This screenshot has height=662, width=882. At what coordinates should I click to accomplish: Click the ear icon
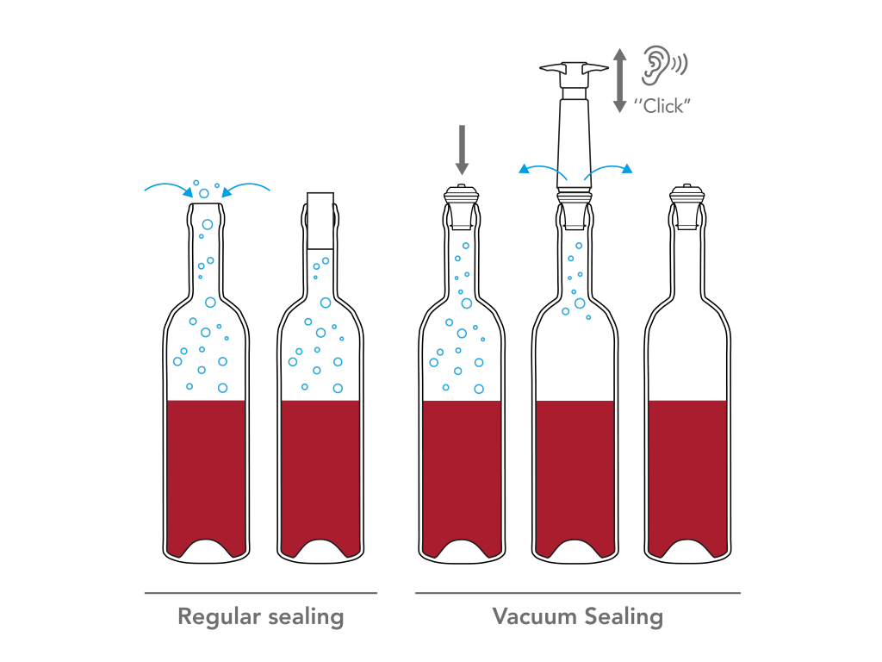(x=655, y=66)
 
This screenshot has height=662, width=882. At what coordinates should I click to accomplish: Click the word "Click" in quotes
(x=662, y=106)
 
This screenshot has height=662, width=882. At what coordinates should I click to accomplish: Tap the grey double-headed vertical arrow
(x=619, y=80)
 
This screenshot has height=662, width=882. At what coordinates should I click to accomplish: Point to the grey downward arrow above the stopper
(x=462, y=150)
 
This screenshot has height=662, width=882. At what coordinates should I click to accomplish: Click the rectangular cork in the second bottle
(x=320, y=221)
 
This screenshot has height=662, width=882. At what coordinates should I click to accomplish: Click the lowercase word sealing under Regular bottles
(x=306, y=617)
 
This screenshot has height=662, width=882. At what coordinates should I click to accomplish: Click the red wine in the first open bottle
(x=206, y=473)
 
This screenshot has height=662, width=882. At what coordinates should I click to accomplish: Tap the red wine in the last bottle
(x=687, y=473)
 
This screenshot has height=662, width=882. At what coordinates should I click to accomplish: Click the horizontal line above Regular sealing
(x=260, y=593)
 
